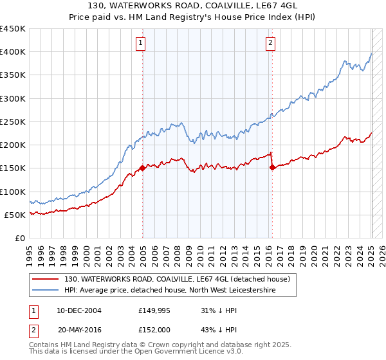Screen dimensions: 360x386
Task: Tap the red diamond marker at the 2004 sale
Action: click(x=142, y=169)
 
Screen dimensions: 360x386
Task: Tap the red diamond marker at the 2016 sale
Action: click(x=272, y=168)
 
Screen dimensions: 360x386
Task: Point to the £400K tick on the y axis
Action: click(x=13, y=52)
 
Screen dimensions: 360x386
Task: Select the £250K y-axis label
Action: click(x=13, y=122)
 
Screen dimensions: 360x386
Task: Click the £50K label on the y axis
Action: click(x=15, y=215)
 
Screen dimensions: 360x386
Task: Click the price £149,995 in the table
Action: click(x=155, y=310)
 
